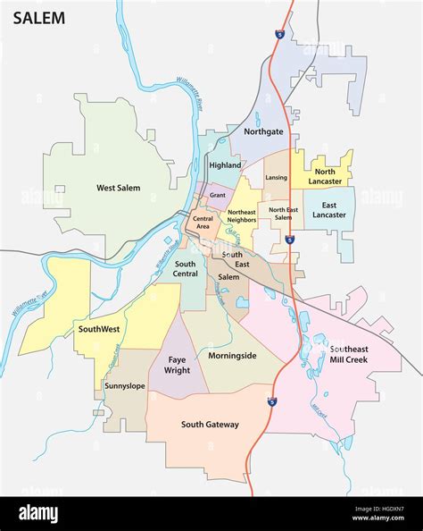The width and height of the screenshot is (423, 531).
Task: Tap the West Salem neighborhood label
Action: point(120,188)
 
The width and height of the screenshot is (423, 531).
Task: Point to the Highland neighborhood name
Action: point(224,165)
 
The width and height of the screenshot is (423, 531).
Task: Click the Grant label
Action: point(217,194)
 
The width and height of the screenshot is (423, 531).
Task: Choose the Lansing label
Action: point(277,177)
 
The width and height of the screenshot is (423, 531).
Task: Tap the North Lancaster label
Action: point(325,176)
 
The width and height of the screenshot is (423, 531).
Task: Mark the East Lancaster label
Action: point(328,210)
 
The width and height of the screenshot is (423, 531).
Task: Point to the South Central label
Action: point(186,269)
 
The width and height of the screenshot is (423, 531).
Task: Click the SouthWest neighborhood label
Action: point(98,328)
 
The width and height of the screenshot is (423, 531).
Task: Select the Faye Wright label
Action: point(177,364)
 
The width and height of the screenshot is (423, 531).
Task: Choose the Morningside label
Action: point(232,356)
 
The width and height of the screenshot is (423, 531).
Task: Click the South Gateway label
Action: point(210,425)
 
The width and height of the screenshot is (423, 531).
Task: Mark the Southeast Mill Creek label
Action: point(353,354)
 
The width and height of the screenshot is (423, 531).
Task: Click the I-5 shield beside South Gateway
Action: point(271,403)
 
